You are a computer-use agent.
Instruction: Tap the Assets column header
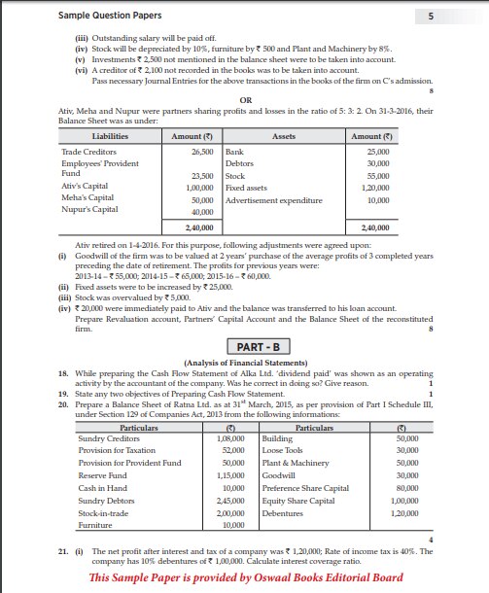coord(284,137)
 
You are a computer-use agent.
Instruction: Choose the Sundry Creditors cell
coord(105,440)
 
